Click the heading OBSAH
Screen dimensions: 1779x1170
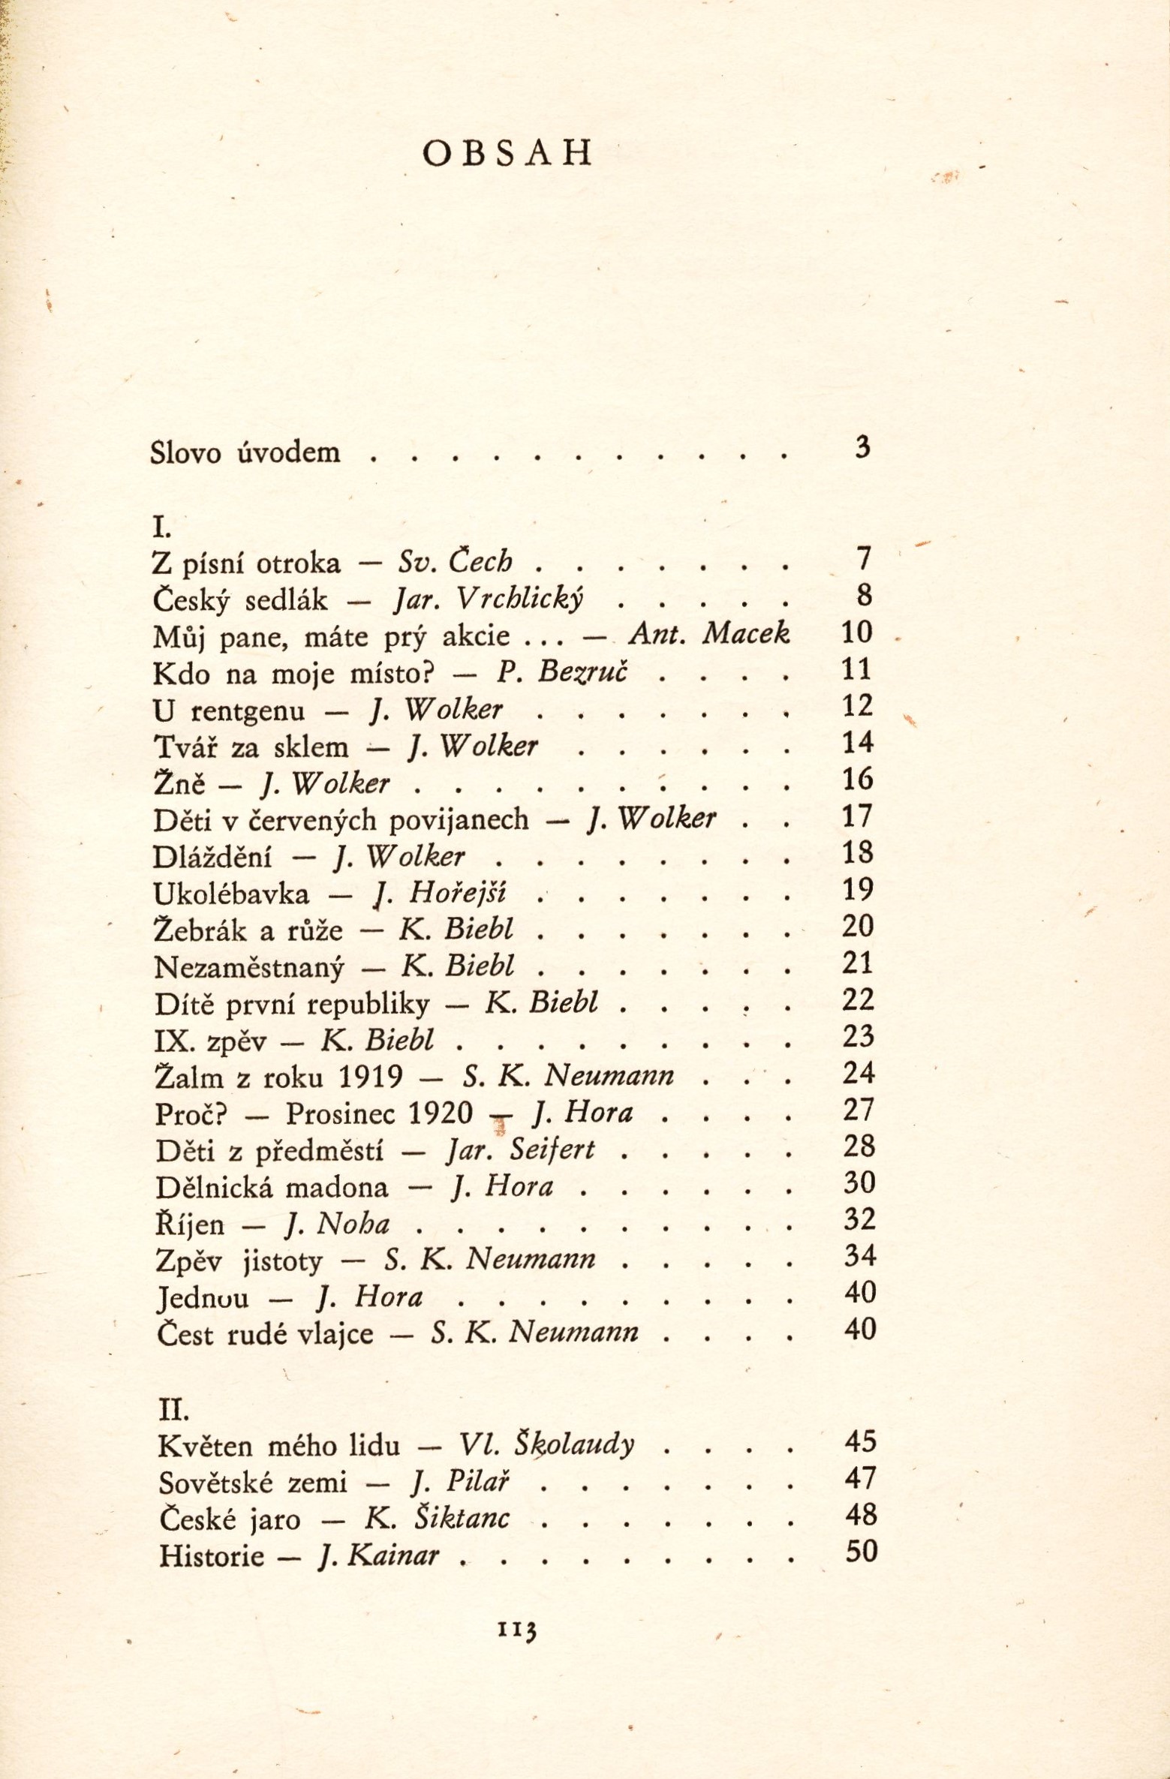(x=507, y=153)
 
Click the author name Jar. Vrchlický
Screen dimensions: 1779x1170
(x=489, y=598)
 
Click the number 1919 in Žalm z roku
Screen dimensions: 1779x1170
(x=371, y=1077)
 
